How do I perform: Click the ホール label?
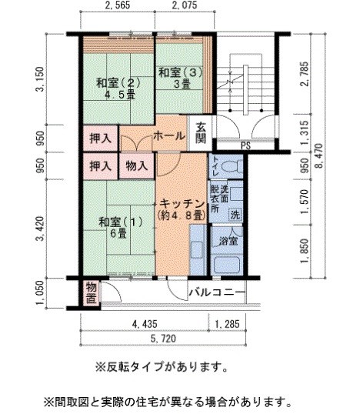tap(168, 135)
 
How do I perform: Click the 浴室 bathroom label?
tap(227, 240)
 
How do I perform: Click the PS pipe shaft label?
tap(246, 145)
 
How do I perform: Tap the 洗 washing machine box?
tap(235, 213)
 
